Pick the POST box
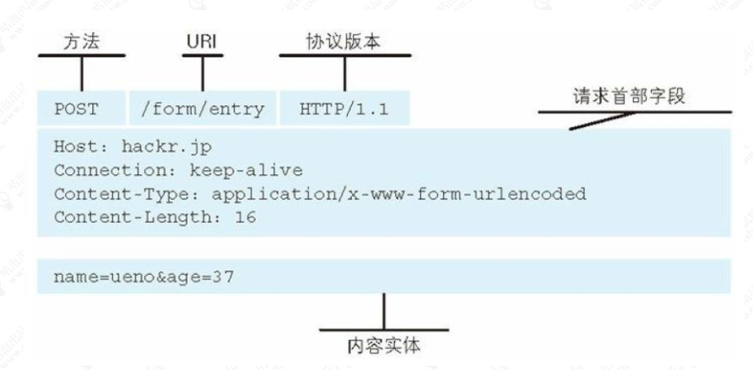coord(77,109)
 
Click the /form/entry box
coord(202,109)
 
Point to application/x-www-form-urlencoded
coord(398,194)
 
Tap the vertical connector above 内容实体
coord(384,310)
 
